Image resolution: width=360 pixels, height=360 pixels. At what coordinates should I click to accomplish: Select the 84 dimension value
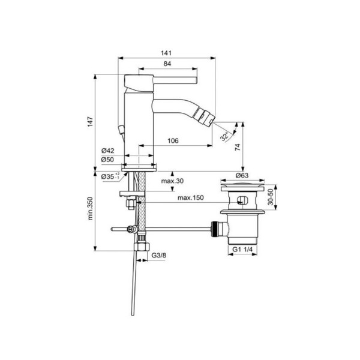[168, 64]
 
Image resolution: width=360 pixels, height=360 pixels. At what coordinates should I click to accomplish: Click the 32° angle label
[224, 137]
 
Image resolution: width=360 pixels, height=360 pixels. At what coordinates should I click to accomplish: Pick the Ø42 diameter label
[108, 150]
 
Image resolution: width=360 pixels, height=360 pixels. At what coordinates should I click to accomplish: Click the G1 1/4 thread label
[243, 248]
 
